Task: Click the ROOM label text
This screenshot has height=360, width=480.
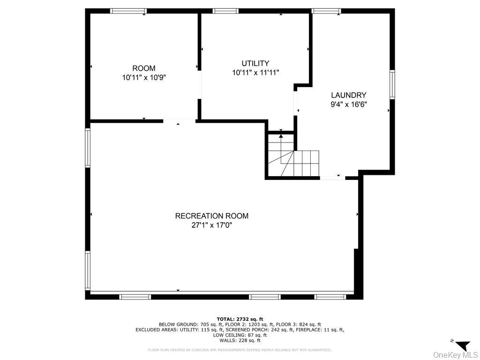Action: click(143, 68)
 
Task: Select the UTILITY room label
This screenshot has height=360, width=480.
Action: click(255, 63)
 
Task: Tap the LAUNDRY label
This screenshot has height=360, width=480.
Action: click(348, 95)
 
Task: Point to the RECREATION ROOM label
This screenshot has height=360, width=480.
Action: click(211, 216)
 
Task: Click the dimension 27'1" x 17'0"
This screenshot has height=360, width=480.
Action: click(211, 225)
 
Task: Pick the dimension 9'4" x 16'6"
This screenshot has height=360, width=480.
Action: click(348, 105)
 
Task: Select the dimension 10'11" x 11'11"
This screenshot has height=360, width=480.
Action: click(255, 73)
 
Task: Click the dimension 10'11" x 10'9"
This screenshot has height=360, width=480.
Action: click(143, 78)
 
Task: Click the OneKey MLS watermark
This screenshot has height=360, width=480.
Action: click(455, 354)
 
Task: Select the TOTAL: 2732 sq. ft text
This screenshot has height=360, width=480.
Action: click(240, 319)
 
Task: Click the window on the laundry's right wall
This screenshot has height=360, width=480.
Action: click(392, 84)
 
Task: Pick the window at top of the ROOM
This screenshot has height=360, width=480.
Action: click(128, 11)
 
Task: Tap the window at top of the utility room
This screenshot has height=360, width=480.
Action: click(225, 11)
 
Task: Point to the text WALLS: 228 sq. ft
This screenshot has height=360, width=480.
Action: click(240, 341)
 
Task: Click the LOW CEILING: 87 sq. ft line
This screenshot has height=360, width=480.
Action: click(240, 335)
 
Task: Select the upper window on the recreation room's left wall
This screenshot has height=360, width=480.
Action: click(88, 148)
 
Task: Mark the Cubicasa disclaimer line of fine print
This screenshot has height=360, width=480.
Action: click(240, 350)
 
